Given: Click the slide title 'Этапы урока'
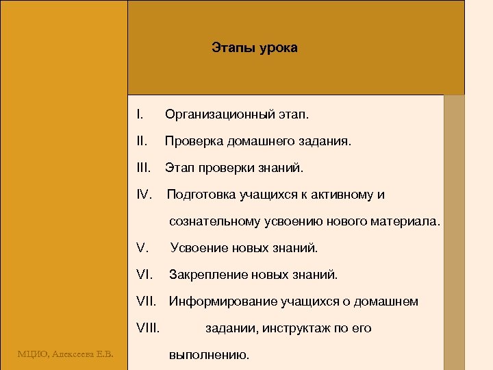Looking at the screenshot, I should coord(254,49).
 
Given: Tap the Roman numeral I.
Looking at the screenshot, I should coord(139,114).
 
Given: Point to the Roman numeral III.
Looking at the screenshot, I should coord(143,168).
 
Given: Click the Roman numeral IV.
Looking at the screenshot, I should coord(144,195).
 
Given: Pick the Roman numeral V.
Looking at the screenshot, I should coord(142,247).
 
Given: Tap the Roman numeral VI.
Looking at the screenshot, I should coord(144,275).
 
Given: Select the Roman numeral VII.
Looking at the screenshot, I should coord(147,301).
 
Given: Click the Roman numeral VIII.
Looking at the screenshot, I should coord(148,328).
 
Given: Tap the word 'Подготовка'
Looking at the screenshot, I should coord(201,195).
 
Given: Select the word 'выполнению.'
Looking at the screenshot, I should coord(209,356).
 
